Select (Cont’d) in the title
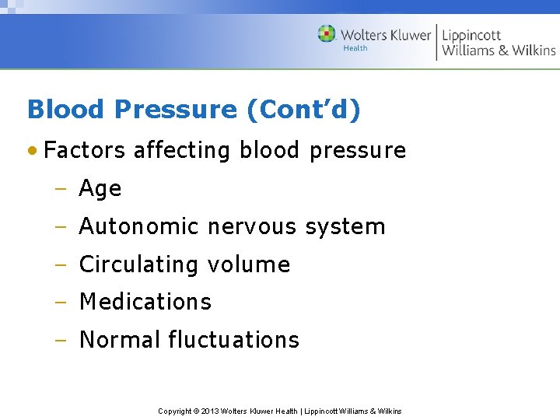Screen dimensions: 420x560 pos(303,110)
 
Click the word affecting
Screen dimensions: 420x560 pos(182,150)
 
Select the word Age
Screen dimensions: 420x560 pos(100,189)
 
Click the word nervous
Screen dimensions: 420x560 pos(252,227)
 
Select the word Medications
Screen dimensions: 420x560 pos(145,302)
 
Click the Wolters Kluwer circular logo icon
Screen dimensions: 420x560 pos(327,33)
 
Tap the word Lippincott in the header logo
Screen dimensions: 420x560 pos(471,35)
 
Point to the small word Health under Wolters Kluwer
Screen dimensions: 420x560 pos(355,48)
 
